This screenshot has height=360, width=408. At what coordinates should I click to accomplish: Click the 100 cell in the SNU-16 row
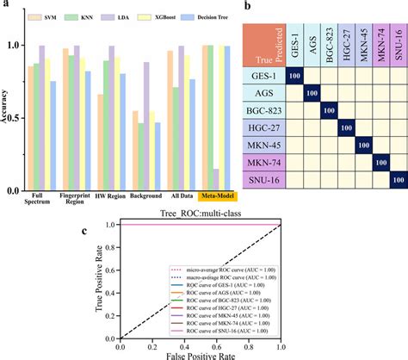[399, 180]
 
